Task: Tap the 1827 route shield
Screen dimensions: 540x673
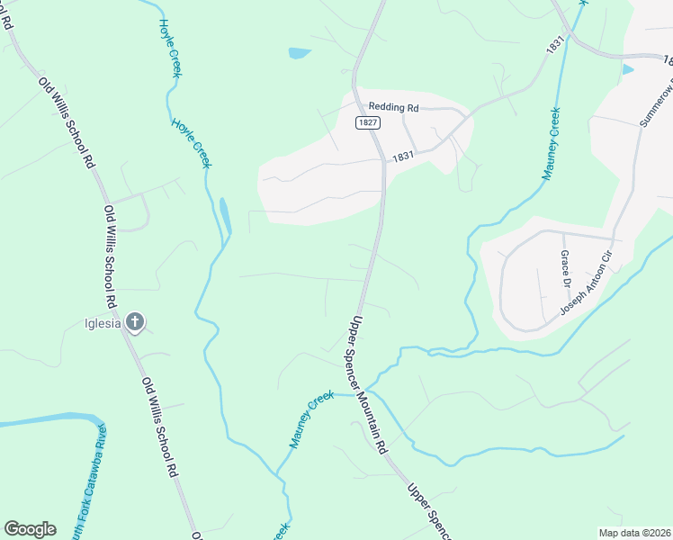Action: click(367, 122)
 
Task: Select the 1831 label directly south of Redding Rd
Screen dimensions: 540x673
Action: click(402, 156)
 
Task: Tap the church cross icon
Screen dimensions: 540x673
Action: click(134, 322)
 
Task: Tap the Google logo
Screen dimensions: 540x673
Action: click(30, 529)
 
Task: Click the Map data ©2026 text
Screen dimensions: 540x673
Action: click(634, 533)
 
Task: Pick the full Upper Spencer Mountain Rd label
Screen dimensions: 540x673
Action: click(369, 385)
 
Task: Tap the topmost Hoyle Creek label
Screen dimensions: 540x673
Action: click(170, 48)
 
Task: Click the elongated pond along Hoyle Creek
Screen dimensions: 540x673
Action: click(224, 214)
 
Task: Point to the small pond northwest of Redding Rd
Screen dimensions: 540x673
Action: click(299, 53)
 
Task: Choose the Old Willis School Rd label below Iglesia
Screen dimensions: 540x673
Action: click(160, 427)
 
